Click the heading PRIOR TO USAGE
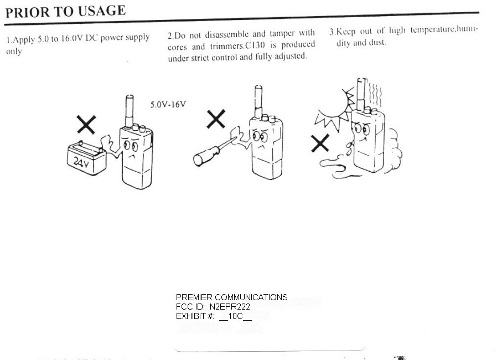(x=66, y=12)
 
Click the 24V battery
(x=86, y=158)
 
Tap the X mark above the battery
(x=86, y=124)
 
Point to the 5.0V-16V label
(x=168, y=104)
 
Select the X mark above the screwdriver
(x=216, y=119)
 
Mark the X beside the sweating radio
(x=320, y=143)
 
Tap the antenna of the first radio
(x=130, y=111)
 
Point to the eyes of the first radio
(x=131, y=146)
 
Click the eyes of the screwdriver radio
(x=260, y=137)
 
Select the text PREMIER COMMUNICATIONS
(x=232, y=297)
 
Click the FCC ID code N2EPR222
(x=230, y=307)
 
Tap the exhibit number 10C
(x=235, y=316)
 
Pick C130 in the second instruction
(x=255, y=45)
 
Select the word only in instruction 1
(x=14, y=52)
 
